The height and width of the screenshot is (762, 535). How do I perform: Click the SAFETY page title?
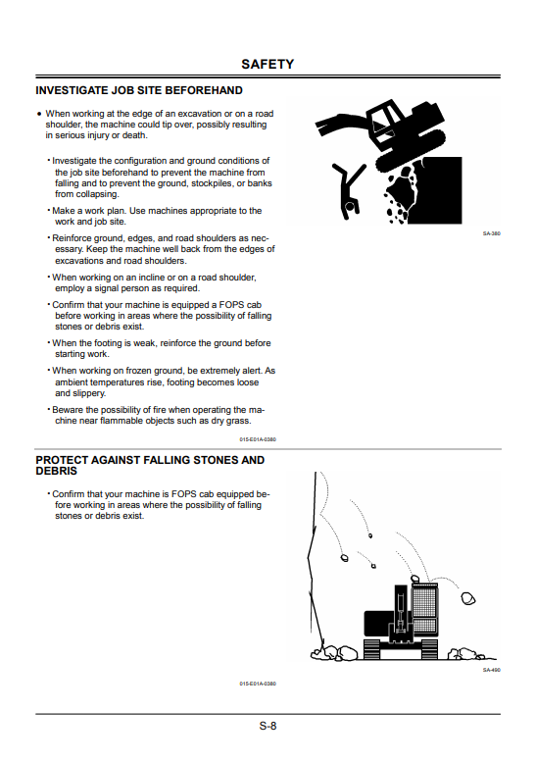pyautogui.click(x=267, y=64)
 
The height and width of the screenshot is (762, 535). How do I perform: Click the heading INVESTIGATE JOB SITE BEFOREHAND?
pyautogui.click(x=139, y=90)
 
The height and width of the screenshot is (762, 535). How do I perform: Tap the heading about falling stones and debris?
pyautogui.click(x=150, y=465)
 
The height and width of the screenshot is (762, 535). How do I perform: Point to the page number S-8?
pyautogui.click(x=267, y=726)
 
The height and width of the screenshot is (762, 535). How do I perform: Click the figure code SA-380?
pyautogui.click(x=491, y=233)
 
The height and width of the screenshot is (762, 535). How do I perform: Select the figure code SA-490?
pyautogui.click(x=491, y=670)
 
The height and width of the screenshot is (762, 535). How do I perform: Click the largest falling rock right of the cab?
pyautogui.click(x=468, y=598)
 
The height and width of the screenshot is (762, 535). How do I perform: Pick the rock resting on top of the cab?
pyautogui.click(x=415, y=579)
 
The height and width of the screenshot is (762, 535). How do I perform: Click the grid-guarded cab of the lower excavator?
pyautogui.click(x=425, y=609)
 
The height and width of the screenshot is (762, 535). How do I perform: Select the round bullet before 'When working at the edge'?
pyautogui.click(x=39, y=114)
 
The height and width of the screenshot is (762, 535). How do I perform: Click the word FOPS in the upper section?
pyautogui.click(x=231, y=305)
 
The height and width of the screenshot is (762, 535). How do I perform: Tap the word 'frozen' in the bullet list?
pyautogui.click(x=140, y=371)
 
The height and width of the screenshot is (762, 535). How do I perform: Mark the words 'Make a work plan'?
pyautogui.click(x=89, y=211)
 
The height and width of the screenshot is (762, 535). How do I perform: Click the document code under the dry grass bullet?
pyautogui.click(x=258, y=439)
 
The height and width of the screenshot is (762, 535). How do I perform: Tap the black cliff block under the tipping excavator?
pyautogui.click(x=442, y=189)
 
